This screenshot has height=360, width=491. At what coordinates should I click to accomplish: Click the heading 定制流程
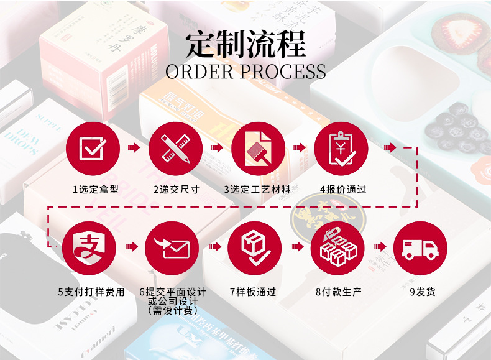246,44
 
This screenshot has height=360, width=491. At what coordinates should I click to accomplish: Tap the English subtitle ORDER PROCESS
246,72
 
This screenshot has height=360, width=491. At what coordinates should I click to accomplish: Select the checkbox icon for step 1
94,149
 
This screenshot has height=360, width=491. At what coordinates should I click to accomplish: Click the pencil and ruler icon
176,149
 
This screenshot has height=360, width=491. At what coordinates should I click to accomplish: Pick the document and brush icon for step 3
258,149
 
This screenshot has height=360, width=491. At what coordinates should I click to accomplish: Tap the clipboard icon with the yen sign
341,149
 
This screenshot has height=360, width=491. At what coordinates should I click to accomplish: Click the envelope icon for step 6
172,247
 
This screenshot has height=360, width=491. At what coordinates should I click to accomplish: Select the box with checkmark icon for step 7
255,247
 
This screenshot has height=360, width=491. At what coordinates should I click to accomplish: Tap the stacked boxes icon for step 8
338,247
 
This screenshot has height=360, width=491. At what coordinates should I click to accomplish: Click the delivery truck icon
420,247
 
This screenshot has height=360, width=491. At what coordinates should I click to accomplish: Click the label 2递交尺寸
177,189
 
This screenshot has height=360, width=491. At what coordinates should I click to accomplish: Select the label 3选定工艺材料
257,189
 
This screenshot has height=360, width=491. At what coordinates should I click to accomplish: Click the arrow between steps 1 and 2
134,148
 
